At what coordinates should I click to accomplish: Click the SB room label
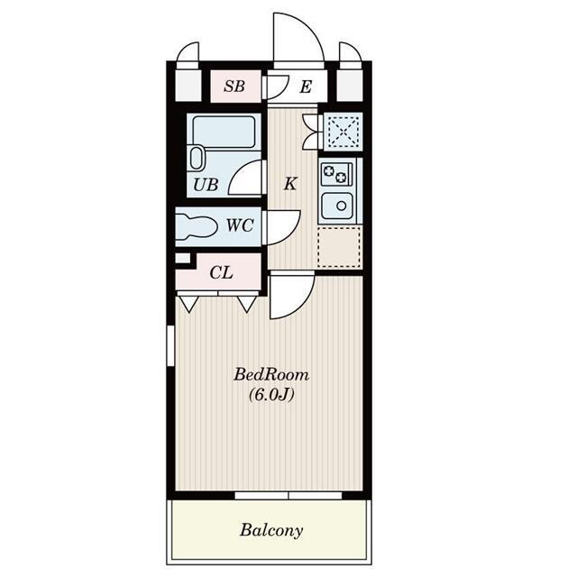(x=234, y=87)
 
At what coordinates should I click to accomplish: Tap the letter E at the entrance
(x=306, y=87)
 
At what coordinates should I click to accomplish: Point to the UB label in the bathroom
(x=206, y=184)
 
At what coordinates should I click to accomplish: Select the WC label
(x=240, y=225)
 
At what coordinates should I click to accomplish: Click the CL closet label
(x=221, y=272)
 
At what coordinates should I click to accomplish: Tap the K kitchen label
(x=290, y=183)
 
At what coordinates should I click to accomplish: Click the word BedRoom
(x=271, y=375)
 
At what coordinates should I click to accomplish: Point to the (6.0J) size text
(x=271, y=395)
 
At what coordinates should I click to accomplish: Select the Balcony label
(x=271, y=530)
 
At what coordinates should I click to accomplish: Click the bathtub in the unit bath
(x=224, y=132)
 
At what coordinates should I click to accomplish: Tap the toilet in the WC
(x=197, y=225)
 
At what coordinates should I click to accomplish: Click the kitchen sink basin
(x=337, y=206)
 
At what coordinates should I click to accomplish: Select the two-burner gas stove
(x=336, y=174)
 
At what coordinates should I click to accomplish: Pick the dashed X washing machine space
(x=343, y=132)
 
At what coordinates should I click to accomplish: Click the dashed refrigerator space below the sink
(x=339, y=247)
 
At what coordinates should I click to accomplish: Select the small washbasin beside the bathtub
(x=197, y=159)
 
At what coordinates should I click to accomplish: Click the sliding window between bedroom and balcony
(x=288, y=495)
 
